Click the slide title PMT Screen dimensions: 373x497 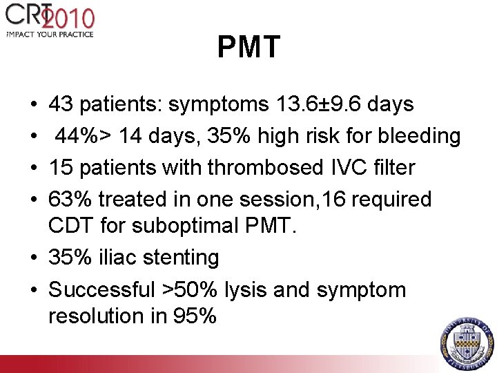248,48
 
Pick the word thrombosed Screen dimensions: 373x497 255,168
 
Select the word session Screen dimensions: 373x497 302,200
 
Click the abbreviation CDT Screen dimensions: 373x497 71,225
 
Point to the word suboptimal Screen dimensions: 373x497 202,225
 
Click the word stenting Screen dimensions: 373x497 177,258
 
